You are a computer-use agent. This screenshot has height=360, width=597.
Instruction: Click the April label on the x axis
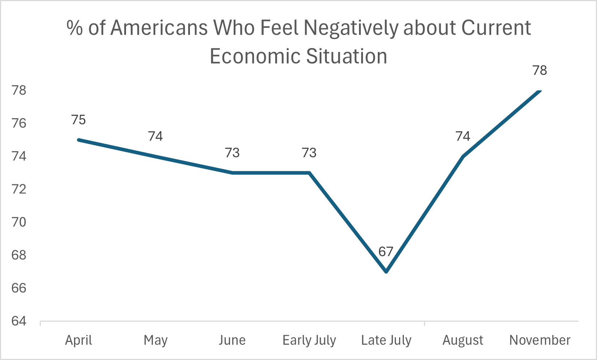click(78, 340)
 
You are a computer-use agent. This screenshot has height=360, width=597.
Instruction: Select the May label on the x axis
click(155, 340)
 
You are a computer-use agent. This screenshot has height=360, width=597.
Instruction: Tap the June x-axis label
click(232, 340)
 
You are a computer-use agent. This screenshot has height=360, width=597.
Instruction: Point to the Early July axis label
click(309, 340)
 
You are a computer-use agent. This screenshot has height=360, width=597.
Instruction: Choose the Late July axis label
click(386, 340)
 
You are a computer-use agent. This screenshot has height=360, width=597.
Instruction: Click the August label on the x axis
click(463, 340)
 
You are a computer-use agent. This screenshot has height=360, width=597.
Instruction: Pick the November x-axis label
click(540, 340)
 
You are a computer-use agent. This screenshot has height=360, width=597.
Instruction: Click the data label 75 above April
click(78, 120)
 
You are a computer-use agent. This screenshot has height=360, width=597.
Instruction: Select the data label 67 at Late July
click(386, 251)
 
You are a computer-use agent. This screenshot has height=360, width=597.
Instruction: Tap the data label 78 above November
click(540, 70)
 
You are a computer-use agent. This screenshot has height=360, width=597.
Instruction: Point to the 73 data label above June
click(232, 153)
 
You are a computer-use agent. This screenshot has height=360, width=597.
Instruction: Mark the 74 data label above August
click(463, 136)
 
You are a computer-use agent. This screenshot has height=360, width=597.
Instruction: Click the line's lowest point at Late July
click(386, 271)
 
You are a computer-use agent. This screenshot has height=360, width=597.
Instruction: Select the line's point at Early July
click(310, 173)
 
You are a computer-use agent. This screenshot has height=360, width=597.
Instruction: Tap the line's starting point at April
click(79, 140)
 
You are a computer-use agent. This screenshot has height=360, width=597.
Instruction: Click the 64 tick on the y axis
click(19, 321)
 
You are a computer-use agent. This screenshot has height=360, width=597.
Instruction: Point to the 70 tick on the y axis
click(19, 222)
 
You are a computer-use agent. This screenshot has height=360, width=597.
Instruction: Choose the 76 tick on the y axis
click(19, 123)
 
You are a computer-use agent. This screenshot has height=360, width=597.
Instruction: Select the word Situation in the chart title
click(346, 56)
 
